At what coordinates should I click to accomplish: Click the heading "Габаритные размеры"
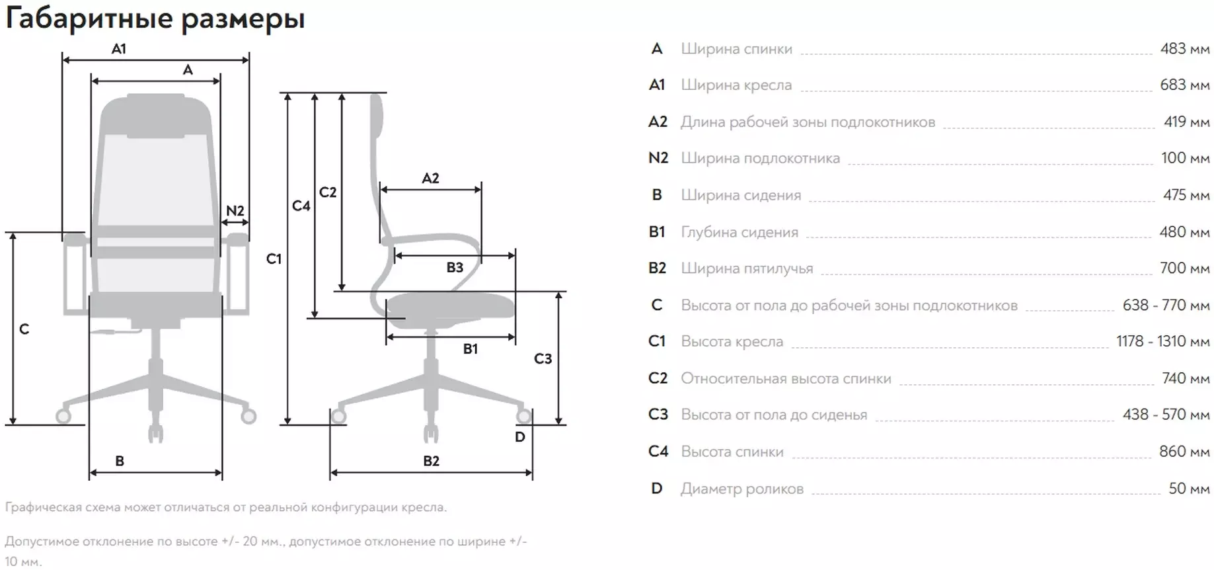pyautogui.click(x=155, y=19)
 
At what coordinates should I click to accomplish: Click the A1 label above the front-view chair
pyautogui.click(x=119, y=48)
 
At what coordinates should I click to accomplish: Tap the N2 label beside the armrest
pyautogui.click(x=235, y=211)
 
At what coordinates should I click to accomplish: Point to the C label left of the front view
pyautogui.click(x=24, y=329)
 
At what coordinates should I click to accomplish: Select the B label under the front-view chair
pyautogui.click(x=120, y=461)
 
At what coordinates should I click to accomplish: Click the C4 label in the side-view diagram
pyautogui.click(x=301, y=206)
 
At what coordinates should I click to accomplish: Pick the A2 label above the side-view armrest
pyautogui.click(x=430, y=178)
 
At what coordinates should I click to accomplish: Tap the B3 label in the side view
pyautogui.click(x=455, y=267)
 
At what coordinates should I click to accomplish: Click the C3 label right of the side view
pyautogui.click(x=543, y=358)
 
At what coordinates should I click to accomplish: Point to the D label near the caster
pyautogui.click(x=520, y=437)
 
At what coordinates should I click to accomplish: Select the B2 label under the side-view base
pyautogui.click(x=431, y=461)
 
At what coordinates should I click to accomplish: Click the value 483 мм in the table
pyautogui.click(x=1185, y=48)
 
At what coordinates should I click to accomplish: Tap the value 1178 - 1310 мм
pyautogui.click(x=1163, y=341)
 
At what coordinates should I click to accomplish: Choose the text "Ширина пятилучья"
pyautogui.click(x=747, y=268)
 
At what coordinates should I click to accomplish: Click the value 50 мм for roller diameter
pyautogui.click(x=1189, y=489)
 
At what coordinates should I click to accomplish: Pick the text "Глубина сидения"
pyautogui.click(x=740, y=232)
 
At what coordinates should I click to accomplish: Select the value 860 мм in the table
pyautogui.click(x=1184, y=452)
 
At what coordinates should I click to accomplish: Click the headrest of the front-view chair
pyautogui.click(x=156, y=116)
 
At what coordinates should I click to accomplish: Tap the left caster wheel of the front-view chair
pyautogui.click(x=64, y=416)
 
